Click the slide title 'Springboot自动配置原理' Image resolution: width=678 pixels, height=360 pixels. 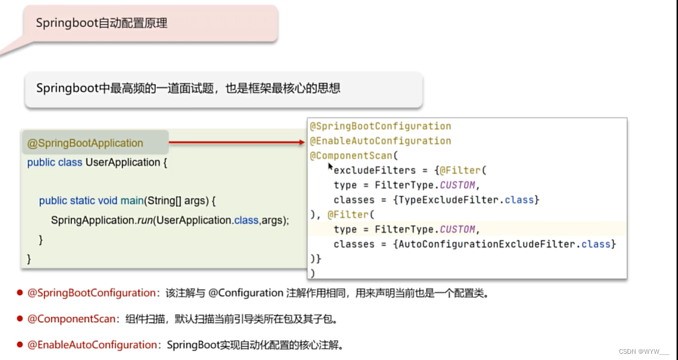(x=101, y=23)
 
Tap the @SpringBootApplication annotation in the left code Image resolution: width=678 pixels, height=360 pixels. (x=85, y=143)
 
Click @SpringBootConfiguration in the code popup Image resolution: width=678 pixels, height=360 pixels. (x=380, y=126)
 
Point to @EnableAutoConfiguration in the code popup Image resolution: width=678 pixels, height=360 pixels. (x=380, y=141)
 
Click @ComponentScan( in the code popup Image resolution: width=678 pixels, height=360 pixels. (x=355, y=156)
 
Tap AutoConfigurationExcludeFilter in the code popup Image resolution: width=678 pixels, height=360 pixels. (x=487, y=244)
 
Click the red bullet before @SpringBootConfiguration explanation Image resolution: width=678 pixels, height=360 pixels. (x=19, y=293)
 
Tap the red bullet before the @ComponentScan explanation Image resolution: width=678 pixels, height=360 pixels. (x=19, y=319)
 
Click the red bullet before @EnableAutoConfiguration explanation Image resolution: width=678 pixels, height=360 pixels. (x=19, y=345)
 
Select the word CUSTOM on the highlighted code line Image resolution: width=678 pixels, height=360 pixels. (x=457, y=230)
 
